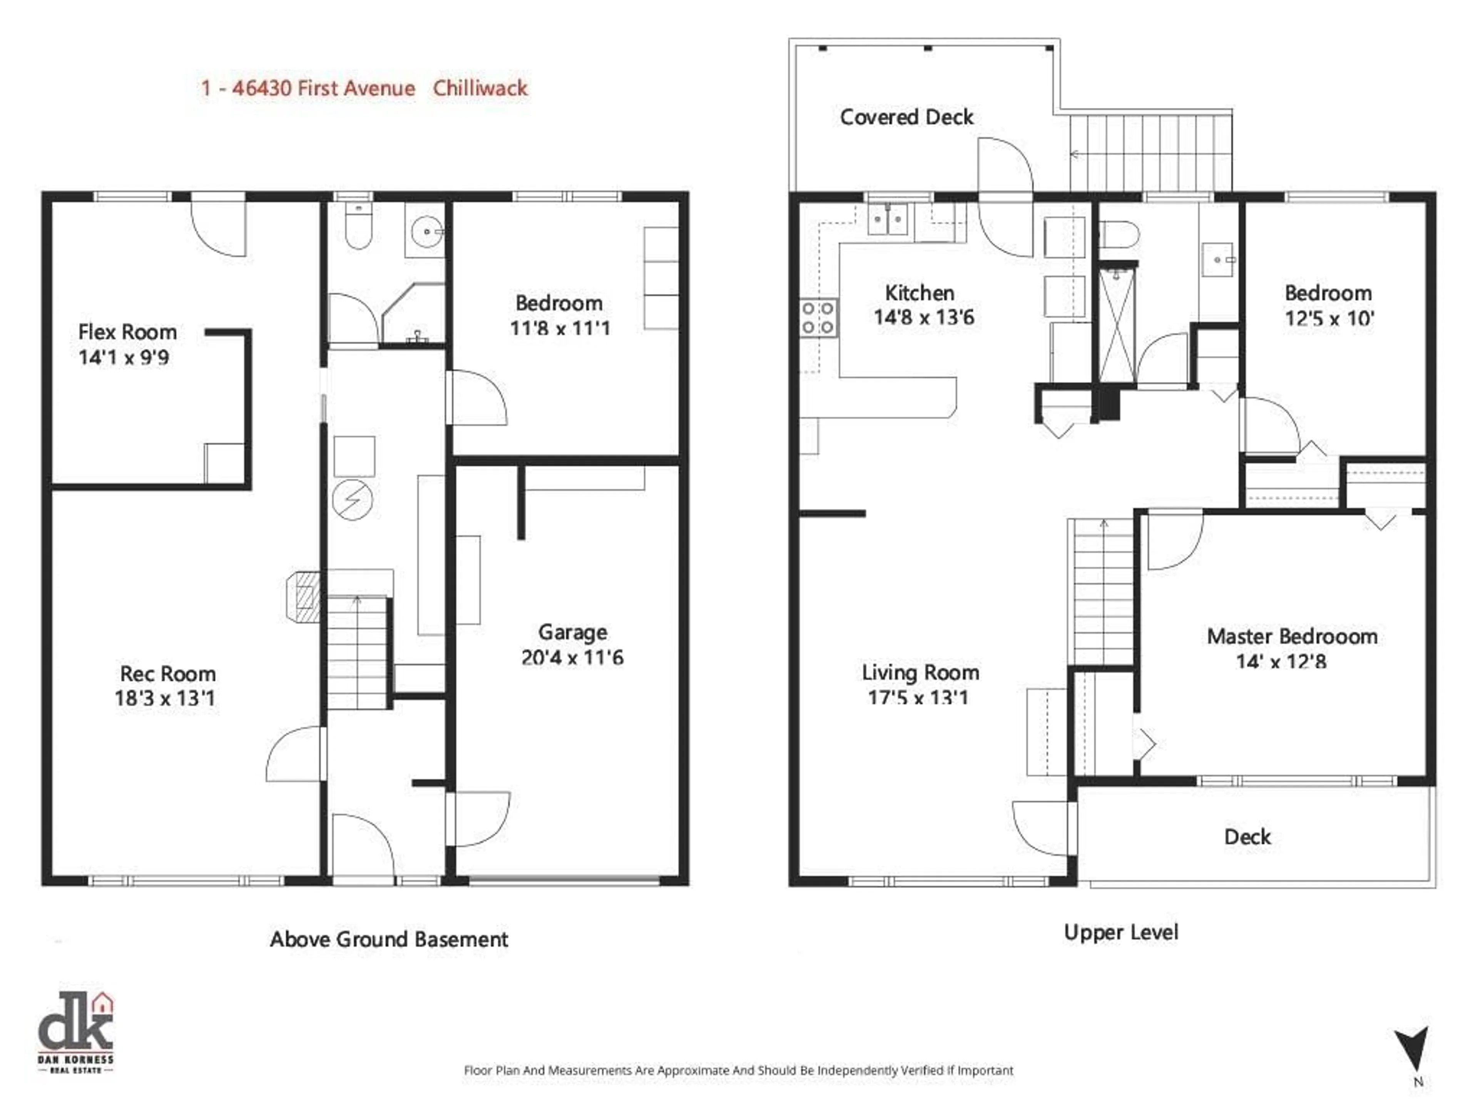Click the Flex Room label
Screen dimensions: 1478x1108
coord(128,332)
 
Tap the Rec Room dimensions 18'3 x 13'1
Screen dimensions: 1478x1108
coord(165,699)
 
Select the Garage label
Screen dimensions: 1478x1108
coord(573,632)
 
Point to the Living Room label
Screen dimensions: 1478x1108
coord(921,672)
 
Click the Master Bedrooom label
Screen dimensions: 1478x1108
coord(1292,636)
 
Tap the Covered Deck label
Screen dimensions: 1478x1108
coord(907,118)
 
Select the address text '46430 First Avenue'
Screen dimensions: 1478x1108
coord(323,88)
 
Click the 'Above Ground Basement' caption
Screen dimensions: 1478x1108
coord(389,940)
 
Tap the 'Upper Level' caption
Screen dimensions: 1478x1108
coord(1121,932)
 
